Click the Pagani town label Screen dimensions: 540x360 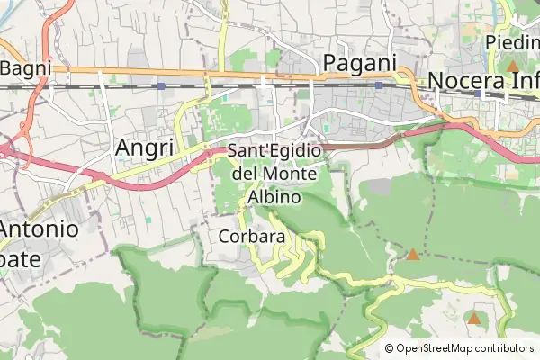click(359, 62)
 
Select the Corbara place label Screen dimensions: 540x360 click(252, 237)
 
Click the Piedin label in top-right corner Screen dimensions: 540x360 click(512, 42)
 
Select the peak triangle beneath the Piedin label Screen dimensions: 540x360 click(512, 66)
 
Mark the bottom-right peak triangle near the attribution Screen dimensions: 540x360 click(473, 318)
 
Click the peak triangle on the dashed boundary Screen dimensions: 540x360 click(412, 255)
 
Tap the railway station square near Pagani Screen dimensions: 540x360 click(379, 85)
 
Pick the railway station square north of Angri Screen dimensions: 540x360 click(160, 85)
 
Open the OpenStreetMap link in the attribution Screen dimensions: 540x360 click(436, 348)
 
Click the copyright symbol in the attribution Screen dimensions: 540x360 click(389, 348)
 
